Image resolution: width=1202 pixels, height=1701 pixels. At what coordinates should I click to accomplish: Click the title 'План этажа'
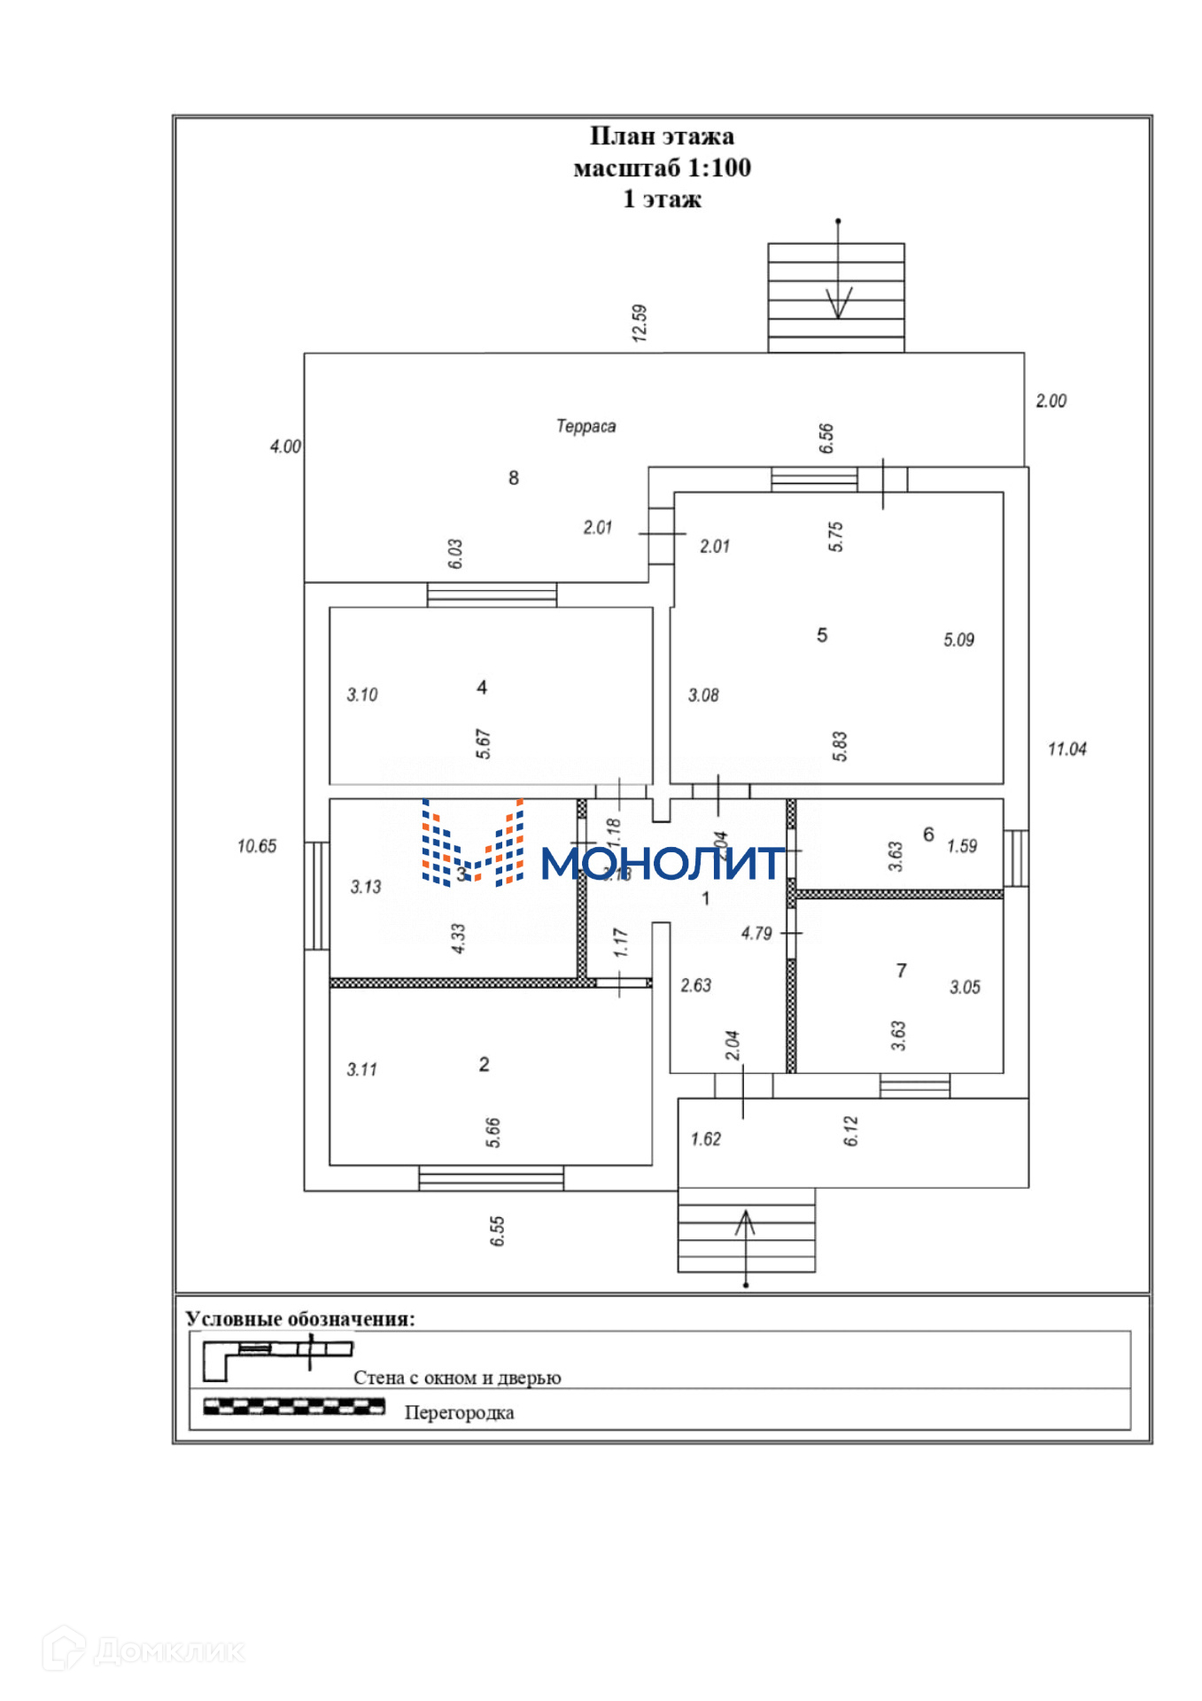click(x=662, y=136)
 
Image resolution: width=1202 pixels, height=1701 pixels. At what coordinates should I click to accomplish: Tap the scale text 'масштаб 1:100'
click(x=662, y=167)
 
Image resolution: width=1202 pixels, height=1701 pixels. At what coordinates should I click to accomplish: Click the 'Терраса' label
click(x=585, y=426)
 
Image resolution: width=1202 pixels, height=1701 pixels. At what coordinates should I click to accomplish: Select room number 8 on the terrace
click(x=514, y=478)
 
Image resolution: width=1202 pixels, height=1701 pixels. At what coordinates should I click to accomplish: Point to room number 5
click(x=822, y=635)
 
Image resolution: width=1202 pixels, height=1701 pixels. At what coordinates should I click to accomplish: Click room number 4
click(x=482, y=687)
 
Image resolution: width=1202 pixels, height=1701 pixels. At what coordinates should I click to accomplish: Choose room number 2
click(x=484, y=1064)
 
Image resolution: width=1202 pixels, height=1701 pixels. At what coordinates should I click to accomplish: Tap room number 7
click(x=902, y=971)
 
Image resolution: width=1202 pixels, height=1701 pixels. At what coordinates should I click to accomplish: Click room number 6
click(x=928, y=835)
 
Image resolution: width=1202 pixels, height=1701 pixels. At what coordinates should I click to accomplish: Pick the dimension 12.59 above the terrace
click(x=640, y=322)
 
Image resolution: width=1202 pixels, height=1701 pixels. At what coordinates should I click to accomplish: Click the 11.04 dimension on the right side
click(x=1066, y=750)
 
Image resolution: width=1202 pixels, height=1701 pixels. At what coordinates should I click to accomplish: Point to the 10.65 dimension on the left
click(x=257, y=846)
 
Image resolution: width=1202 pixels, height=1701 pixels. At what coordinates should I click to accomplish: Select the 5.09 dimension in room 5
click(x=958, y=640)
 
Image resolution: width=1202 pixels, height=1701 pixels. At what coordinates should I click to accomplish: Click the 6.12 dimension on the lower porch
click(x=851, y=1130)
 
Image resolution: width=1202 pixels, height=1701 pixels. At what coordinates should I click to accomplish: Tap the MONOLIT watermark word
click(x=663, y=863)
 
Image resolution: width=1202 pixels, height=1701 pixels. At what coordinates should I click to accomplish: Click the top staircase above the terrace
click(x=835, y=298)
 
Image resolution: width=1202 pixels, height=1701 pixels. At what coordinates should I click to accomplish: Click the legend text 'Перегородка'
click(x=459, y=1412)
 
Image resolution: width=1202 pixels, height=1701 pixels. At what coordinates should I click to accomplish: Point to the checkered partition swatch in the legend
click(x=294, y=1406)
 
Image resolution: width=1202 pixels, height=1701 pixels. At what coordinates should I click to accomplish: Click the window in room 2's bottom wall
click(x=491, y=1178)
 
